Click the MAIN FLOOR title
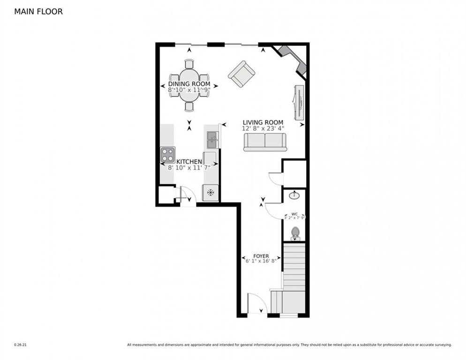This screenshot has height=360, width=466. (38, 11)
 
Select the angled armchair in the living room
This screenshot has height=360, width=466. (241, 74)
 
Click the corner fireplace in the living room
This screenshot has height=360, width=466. (293, 59)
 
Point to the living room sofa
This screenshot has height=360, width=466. (265, 142)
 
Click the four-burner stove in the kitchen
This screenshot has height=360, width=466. (167, 155)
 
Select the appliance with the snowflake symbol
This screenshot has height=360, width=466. (211, 192)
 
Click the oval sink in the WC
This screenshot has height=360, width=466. (294, 195)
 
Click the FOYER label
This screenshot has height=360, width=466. (261, 256)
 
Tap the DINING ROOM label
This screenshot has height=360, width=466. (189, 84)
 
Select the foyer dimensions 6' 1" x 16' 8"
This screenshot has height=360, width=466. (261, 261)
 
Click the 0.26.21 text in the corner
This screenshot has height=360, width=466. (20, 345)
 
